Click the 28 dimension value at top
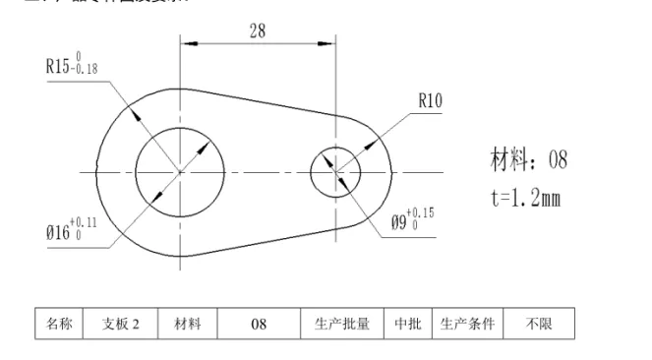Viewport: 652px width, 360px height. [x=257, y=30]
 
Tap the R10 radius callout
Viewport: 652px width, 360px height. [x=432, y=99]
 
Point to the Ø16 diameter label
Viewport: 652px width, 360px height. [x=57, y=234]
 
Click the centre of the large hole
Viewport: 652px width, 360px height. [x=180, y=171]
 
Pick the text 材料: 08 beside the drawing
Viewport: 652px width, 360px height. [x=528, y=159]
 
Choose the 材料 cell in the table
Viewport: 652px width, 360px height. [x=188, y=325]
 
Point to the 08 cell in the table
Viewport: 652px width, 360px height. [x=259, y=325]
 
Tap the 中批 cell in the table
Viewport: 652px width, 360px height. [x=407, y=325]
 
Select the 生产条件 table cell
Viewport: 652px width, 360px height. [x=466, y=325]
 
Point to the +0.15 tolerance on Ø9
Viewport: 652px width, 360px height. [x=421, y=212]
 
